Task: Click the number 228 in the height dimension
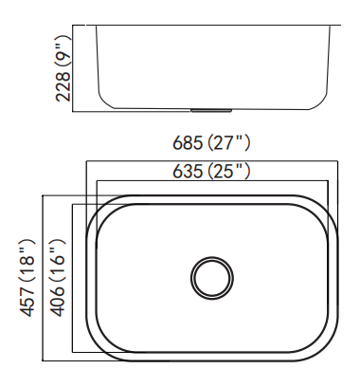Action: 63,86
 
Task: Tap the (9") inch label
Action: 63,50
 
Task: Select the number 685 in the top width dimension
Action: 188,143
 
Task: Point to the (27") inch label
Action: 229,143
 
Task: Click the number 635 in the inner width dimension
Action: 188,172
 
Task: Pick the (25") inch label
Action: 229,172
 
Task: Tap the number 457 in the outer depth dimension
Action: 27,301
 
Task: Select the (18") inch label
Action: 27,260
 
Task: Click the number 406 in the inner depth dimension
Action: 58,301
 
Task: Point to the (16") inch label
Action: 58,260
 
